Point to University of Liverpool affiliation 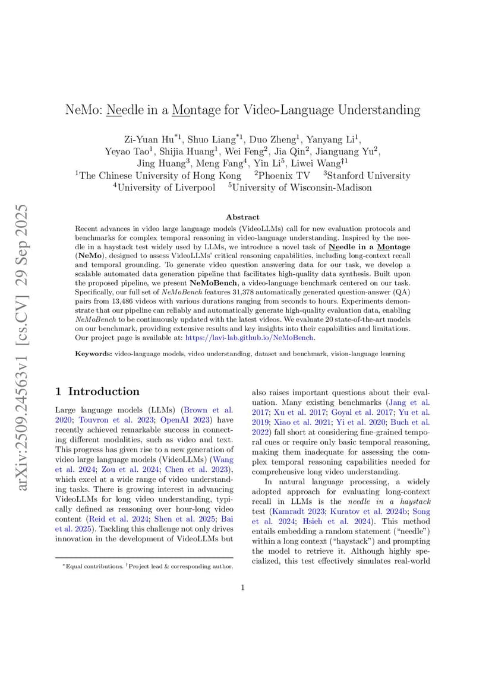[x=166, y=188]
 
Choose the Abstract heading [x=242, y=217]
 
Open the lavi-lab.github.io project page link [x=250, y=338]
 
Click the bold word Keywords [x=93, y=354]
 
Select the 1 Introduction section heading [x=97, y=391]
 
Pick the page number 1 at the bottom [x=242, y=588]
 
